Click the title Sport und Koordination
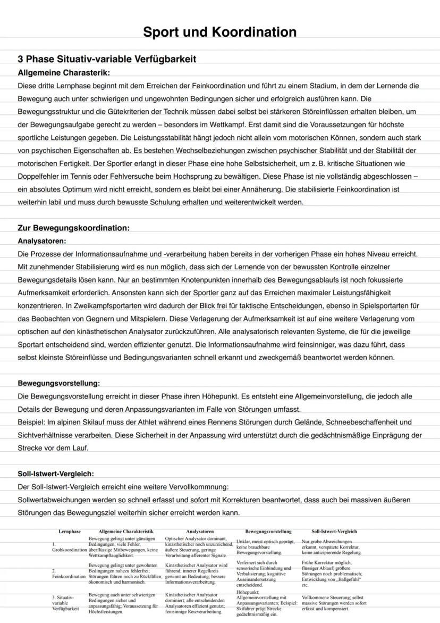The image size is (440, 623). (x=219, y=32)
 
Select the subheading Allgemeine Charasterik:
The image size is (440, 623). (x=64, y=72)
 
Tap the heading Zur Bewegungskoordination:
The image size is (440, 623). (x=73, y=228)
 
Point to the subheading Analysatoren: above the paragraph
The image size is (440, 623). (x=42, y=241)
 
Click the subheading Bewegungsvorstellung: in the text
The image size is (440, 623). (x=59, y=383)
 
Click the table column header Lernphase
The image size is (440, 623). (x=70, y=531)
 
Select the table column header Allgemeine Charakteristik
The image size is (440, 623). (x=126, y=531)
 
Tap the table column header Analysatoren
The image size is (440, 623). (x=200, y=531)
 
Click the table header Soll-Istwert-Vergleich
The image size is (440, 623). (x=334, y=531)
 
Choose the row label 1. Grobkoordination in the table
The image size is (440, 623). (x=69, y=547)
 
